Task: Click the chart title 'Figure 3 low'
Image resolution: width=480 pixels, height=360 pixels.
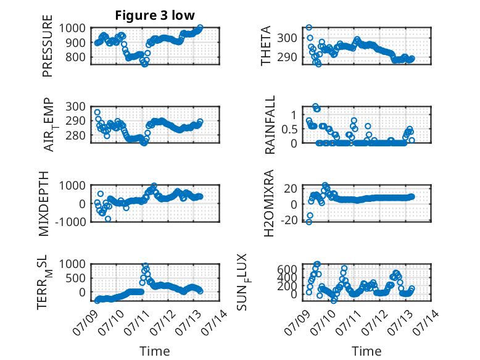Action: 155,15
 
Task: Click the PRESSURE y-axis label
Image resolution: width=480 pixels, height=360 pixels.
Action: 48,46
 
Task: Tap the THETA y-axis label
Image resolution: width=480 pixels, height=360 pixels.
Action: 266,46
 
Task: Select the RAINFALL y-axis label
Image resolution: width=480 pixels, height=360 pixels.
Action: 270,125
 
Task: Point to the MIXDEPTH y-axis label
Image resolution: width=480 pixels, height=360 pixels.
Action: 44,203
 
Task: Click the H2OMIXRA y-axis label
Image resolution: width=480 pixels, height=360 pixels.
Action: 268,203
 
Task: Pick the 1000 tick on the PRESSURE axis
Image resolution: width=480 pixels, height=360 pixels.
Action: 72,28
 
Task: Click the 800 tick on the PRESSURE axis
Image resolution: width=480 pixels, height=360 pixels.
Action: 75,57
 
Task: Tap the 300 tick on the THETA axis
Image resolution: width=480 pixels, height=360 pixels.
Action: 287,38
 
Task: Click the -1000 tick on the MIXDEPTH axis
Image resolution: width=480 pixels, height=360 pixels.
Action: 70,221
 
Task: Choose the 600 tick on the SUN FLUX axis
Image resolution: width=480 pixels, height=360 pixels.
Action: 287,269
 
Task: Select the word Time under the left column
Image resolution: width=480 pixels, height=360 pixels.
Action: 155,351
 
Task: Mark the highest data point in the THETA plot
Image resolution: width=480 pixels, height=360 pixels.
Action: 309,27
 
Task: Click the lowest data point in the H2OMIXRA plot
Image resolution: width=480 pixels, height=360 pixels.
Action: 309,222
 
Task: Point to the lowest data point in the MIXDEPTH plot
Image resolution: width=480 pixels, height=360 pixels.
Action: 108,219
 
